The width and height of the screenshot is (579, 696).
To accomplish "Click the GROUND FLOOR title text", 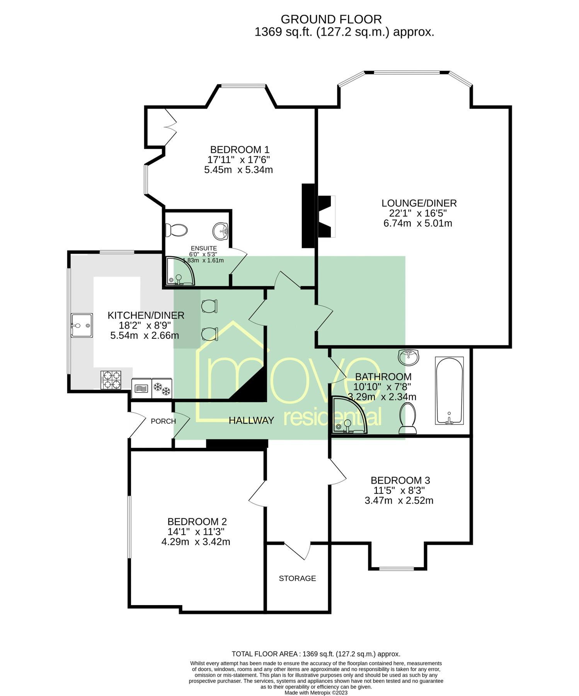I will pyautogui.click(x=331, y=19).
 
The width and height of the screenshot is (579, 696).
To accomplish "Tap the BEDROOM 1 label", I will pyautogui.click(x=239, y=150).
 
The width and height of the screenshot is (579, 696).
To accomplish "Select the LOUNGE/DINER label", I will pyautogui.click(x=419, y=203).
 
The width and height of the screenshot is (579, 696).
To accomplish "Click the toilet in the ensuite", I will pyautogui.click(x=176, y=230).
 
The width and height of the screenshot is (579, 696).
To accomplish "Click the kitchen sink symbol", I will pyautogui.click(x=82, y=325).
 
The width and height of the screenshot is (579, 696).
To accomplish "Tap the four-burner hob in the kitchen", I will pyautogui.click(x=111, y=380).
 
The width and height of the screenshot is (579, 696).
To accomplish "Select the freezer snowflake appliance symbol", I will pyautogui.click(x=162, y=388).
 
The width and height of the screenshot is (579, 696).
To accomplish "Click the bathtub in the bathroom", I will pyautogui.click(x=449, y=391).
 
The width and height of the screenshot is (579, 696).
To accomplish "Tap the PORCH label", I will pyautogui.click(x=163, y=421).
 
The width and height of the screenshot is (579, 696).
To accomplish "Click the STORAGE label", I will pyautogui.click(x=297, y=578).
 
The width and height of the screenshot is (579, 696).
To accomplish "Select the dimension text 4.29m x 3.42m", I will pyautogui.click(x=196, y=542).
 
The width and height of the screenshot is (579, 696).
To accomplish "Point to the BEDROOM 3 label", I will pyautogui.click(x=400, y=480).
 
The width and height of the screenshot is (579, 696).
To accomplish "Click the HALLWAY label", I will pyautogui.click(x=251, y=420).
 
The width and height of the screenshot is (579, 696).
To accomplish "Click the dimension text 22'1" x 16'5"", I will pyautogui.click(x=417, y=213).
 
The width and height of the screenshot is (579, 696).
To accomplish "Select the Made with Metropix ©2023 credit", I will pyautogui.click(x=316, y=693).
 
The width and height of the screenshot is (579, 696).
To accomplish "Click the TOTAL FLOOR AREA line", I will pyautogui.click(x=316, y=654).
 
